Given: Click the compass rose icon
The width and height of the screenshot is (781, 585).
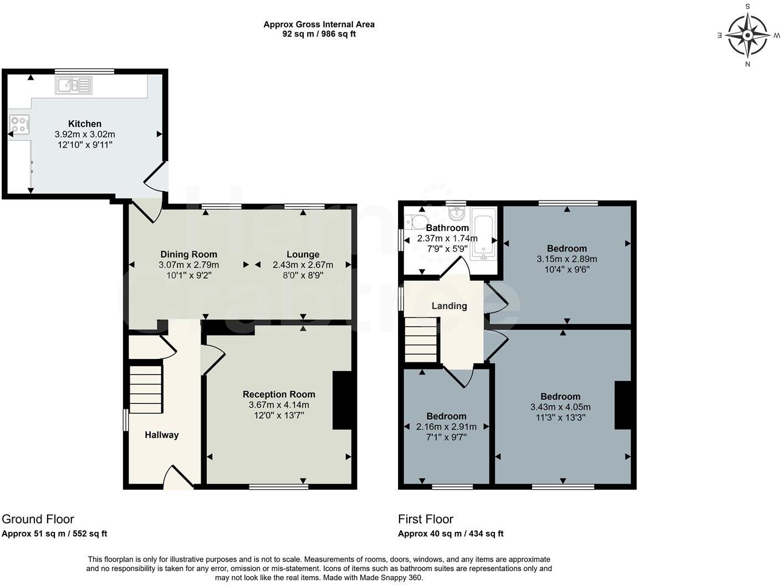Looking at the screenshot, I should (x=747, y=35).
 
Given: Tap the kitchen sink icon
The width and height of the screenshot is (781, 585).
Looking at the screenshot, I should (x=74, y=85).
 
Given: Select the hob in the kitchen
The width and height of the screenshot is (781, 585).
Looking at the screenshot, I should (x=19, y=124).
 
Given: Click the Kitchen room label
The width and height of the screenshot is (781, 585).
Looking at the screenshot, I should (x=85, y=124).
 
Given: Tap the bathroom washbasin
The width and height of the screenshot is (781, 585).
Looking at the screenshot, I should (x=457, y=212).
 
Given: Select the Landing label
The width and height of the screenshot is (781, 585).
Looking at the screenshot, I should (x=449, y=306).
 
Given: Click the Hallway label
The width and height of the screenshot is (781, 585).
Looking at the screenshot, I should (x=161, y=435).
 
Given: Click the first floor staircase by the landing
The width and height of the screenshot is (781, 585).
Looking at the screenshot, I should (x=421, y=340).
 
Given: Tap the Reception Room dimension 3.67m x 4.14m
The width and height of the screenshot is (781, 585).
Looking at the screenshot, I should (x=279, y=405).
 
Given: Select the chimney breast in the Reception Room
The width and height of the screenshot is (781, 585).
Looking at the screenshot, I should (x=342, y=400).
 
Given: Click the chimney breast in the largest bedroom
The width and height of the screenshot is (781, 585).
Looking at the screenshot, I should (x=623, y=405).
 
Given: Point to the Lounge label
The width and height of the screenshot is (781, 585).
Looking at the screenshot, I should (x=303, y=254).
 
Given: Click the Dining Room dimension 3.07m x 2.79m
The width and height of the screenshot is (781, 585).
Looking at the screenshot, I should (x=188, y=265).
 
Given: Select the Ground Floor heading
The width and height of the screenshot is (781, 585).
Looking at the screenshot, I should (x=38, y=519).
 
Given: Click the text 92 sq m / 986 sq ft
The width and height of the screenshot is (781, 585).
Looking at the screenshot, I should (x=319, y=34).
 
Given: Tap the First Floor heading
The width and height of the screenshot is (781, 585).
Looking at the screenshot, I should (x=425, y=519).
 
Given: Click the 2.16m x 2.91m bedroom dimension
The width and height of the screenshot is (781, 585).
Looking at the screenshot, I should (x=446, y=427).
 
